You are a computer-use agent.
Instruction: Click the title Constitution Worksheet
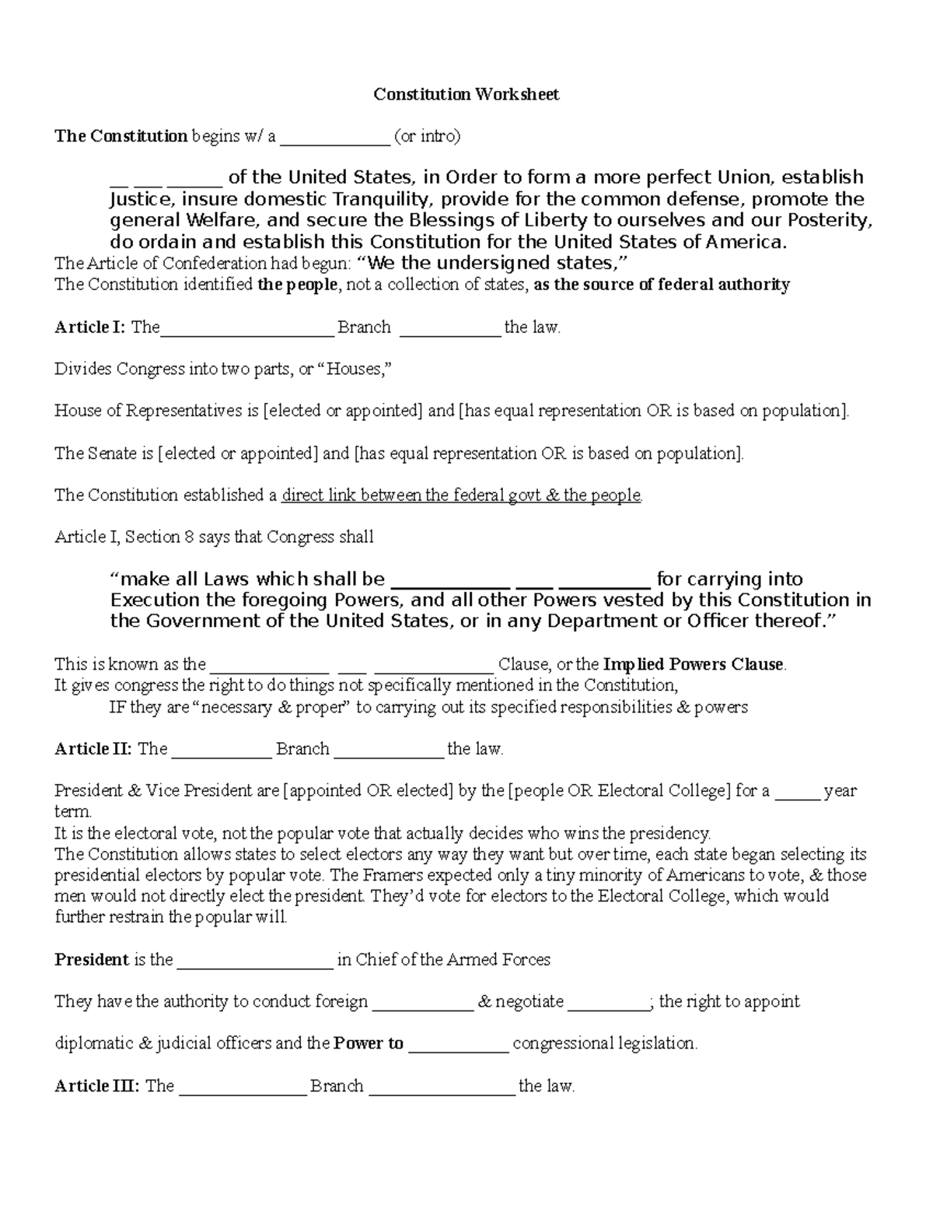click(x=466, y=94)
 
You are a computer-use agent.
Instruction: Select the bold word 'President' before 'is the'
click(x=91, y=960)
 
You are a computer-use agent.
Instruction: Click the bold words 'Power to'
click(x=369, y=1044)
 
